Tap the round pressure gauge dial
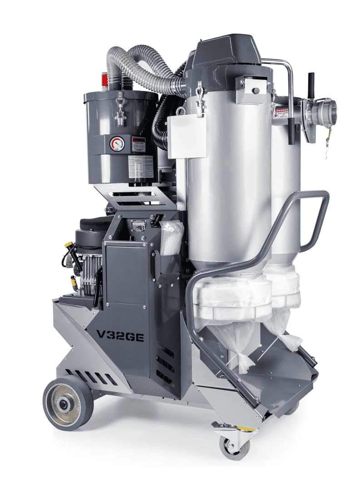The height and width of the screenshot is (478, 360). click(116, 144)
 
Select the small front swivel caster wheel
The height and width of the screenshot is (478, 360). click(234, 447)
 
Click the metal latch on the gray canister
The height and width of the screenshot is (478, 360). click(121, 107)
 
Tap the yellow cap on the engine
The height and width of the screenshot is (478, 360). click(69, 245)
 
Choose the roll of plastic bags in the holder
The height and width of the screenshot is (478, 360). click(171, 239)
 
